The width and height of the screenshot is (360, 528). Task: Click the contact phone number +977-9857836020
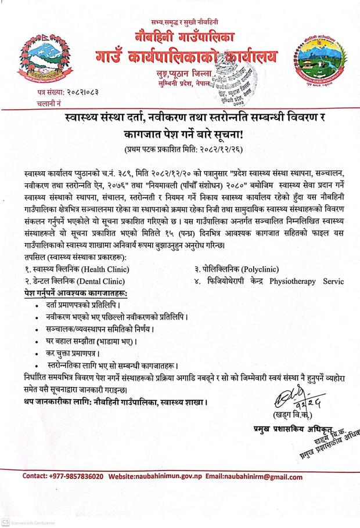click(71, 477)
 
